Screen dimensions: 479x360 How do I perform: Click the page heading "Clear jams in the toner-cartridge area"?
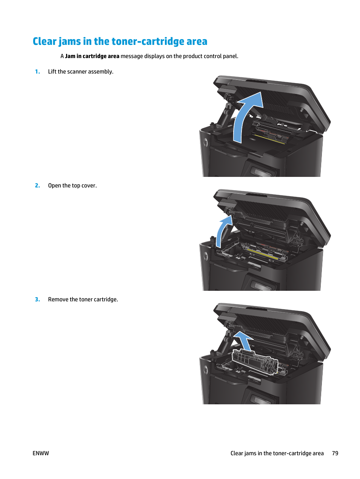click(x=120, y=41)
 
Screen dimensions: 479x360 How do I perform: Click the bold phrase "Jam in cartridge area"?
click(x=92, y=56)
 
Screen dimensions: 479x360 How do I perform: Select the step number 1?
click(x=37, y=72)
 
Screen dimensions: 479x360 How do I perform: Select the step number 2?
click(x=37, y=186)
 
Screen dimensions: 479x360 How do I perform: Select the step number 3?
click(x=37, y=299)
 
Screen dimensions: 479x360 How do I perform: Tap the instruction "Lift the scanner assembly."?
click(x=80, y=72)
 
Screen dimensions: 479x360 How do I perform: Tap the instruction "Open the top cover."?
click(x=72, y=186)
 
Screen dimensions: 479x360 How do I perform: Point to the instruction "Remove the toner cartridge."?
click(x=83, y=299)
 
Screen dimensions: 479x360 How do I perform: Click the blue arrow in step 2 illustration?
click(x=223, y=230)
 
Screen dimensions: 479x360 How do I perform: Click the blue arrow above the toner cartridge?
click(x=243, y=339)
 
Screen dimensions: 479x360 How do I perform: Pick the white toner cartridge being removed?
click(x=255, y=361)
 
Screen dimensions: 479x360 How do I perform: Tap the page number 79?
click(x=335, y=453)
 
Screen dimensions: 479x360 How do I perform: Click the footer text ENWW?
click(x=41, y=453)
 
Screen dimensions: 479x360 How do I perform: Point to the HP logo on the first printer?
click(x=206, y=142)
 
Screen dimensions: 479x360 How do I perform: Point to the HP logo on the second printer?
click(x=206, y=256)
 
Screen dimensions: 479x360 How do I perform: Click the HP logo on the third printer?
click(x=206, y=370)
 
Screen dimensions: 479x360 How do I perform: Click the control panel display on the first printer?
click(x=262, y=173)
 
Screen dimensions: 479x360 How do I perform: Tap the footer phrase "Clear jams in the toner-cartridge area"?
click(x=277, y=453)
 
